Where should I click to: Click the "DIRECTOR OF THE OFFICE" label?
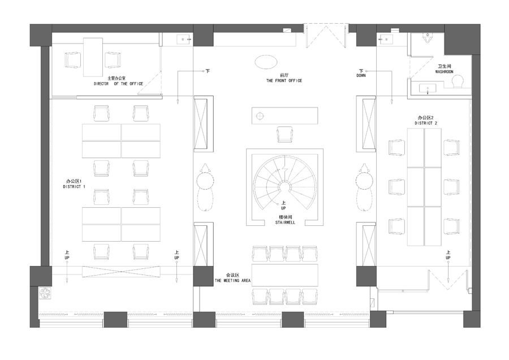[x=119, y=84]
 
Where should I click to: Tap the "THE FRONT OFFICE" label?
[x=284, y=80]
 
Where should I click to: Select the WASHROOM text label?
[x=444, y=72]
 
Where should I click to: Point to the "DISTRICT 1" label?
[x=74, y=187]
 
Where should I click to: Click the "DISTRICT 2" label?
[x=425, y=123]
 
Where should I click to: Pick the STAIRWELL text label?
[x=286, y=222]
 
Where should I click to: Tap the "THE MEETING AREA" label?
[x=232, y=280]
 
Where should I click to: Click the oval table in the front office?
[x=266, y=62]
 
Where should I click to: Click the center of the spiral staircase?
[x=285, y=187]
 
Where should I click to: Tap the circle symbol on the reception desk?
[x=260, y=115]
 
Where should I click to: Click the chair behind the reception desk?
[x=285, y=134]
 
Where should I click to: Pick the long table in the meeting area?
[x=284, y=275]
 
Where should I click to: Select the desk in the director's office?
[x=93, y=57]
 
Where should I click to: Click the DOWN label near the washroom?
[x=361, y=75]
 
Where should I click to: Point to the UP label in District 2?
[x=448, y=258]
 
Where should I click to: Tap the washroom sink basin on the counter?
[x=428, y=89]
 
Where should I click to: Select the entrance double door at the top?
[x=326, y=36]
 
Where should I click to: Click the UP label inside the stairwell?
[x=283, y=208]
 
